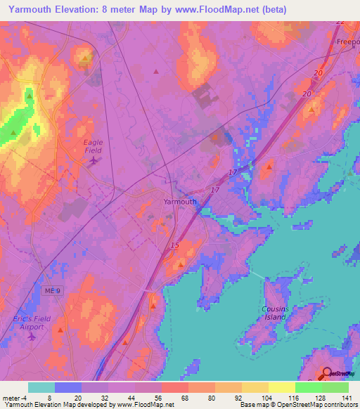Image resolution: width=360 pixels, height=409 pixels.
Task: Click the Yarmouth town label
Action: pos(180,201)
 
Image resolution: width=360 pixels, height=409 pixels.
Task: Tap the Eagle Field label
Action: pos(94,146)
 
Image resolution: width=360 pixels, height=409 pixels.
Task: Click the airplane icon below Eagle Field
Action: pos(94,161)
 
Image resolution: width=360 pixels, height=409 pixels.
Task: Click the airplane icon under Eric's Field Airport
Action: pos(32,337)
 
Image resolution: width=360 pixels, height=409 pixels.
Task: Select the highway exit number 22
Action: pos(340,22)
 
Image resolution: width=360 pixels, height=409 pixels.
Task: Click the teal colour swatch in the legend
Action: pos(41,387)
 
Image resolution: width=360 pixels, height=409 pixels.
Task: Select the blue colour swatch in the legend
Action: pos(68,387)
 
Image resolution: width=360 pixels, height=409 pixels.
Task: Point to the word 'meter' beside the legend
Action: pos(9,398)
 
